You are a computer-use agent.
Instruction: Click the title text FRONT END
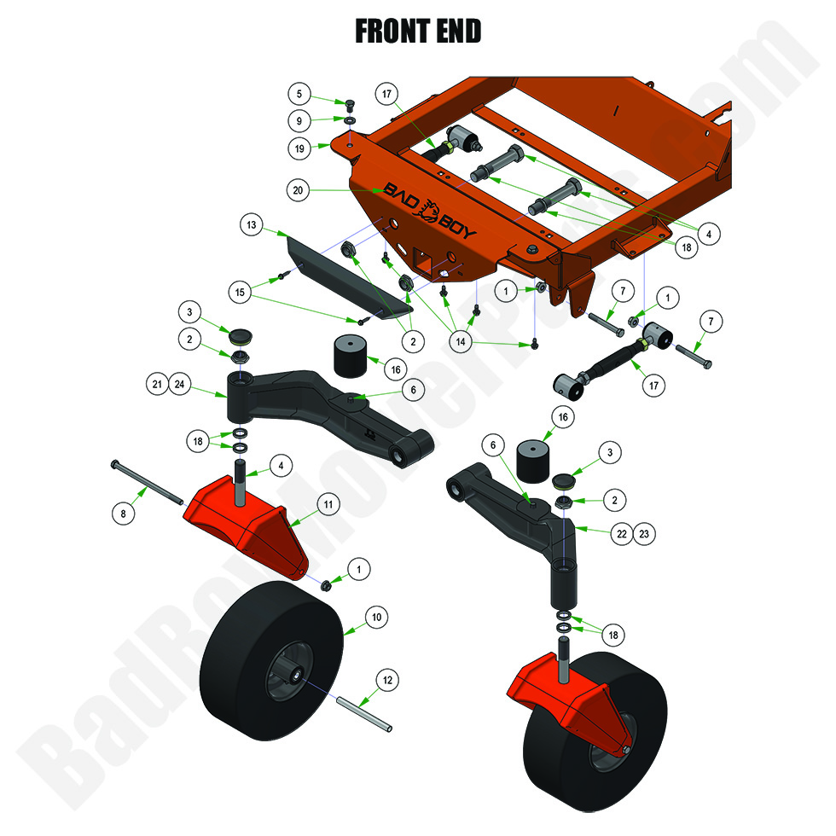coord(418,31)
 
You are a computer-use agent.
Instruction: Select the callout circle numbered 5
coord(299,93)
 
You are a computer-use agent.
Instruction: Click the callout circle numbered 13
coord(251,226)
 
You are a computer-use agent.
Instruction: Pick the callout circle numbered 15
coord(240,292)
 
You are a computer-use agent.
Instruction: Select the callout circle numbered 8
coord(125,513)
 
